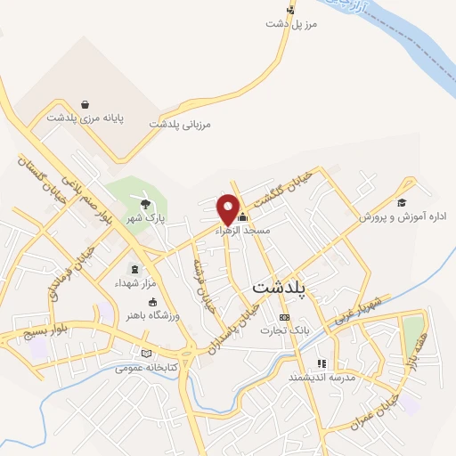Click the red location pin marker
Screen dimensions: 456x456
point(229,208)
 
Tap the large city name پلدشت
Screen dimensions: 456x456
point(279,288)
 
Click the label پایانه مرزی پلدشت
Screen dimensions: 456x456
point(85,117)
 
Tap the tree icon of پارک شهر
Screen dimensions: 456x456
point(145,205)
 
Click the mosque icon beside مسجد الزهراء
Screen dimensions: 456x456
point(242,216)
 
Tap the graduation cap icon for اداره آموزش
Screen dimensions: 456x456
point(402,202)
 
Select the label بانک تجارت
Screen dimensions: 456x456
point(283,330)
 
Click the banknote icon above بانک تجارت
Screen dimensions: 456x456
point(284,317)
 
